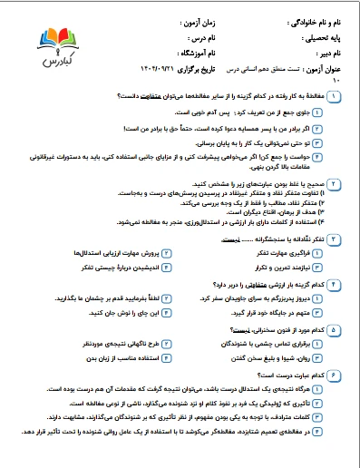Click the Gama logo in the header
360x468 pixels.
59,46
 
